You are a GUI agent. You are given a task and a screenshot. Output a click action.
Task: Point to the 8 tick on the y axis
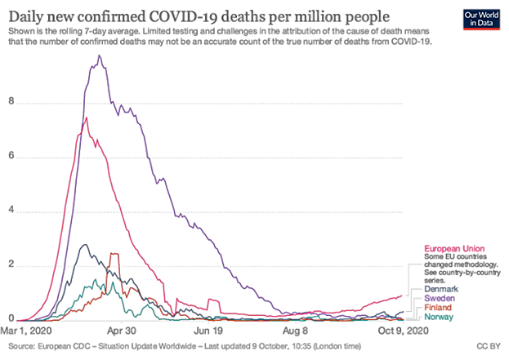(x=10, y=102)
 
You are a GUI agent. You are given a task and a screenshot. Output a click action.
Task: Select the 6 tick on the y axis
(x=10, y=157)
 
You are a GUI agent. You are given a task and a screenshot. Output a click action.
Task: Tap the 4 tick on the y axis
(x=10, y=211)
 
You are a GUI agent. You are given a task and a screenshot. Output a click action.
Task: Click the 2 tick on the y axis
(x=10, y=264)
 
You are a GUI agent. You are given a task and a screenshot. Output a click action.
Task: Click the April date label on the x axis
(x=119, y=331)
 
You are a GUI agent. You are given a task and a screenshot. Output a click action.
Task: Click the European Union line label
(x=453, y=247)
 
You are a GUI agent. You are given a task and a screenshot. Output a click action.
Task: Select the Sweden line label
(x=440, y=298)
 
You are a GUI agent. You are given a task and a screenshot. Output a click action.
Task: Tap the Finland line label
(x=440, y=307)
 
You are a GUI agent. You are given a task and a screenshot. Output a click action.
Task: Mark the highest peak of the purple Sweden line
(x=99, y=56)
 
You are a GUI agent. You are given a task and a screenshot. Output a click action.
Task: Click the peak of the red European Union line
(x=84, y=118)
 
